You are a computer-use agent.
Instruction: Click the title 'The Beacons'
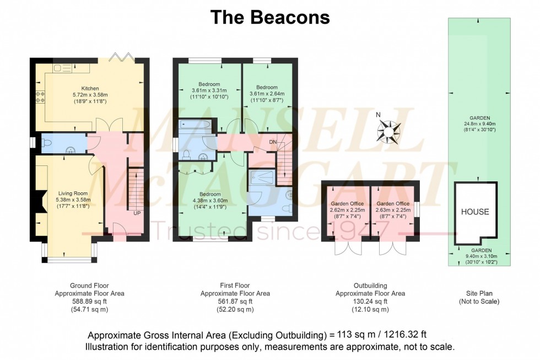click(270, 17)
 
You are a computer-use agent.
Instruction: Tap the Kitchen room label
click(90, 95)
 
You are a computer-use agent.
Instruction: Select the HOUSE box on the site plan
click(474, 212)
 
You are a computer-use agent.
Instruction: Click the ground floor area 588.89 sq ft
click(89, 302)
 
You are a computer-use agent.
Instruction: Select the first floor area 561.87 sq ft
click(235, 302)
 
